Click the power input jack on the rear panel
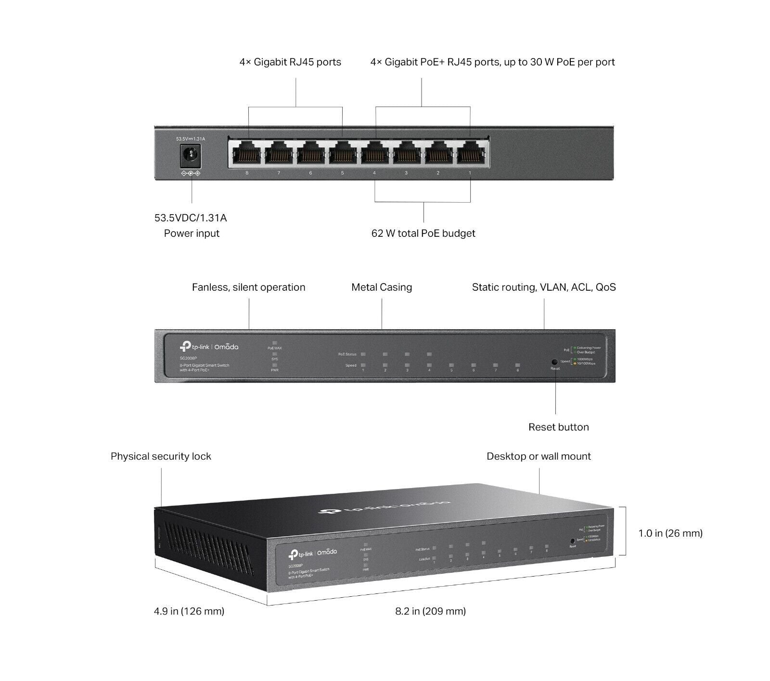190,155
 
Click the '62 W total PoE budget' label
423,233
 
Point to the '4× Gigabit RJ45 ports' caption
290,62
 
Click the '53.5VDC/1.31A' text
191,218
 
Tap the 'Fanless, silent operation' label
248,287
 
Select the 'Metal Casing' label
382,287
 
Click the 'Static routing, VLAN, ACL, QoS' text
544,287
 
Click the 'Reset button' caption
558,427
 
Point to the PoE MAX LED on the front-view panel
275,343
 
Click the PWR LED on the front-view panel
275,365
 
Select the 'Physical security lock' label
161,456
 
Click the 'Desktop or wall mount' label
539,456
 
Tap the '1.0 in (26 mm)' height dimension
670,533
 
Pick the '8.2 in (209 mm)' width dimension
430,611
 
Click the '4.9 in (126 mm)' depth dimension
189,611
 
